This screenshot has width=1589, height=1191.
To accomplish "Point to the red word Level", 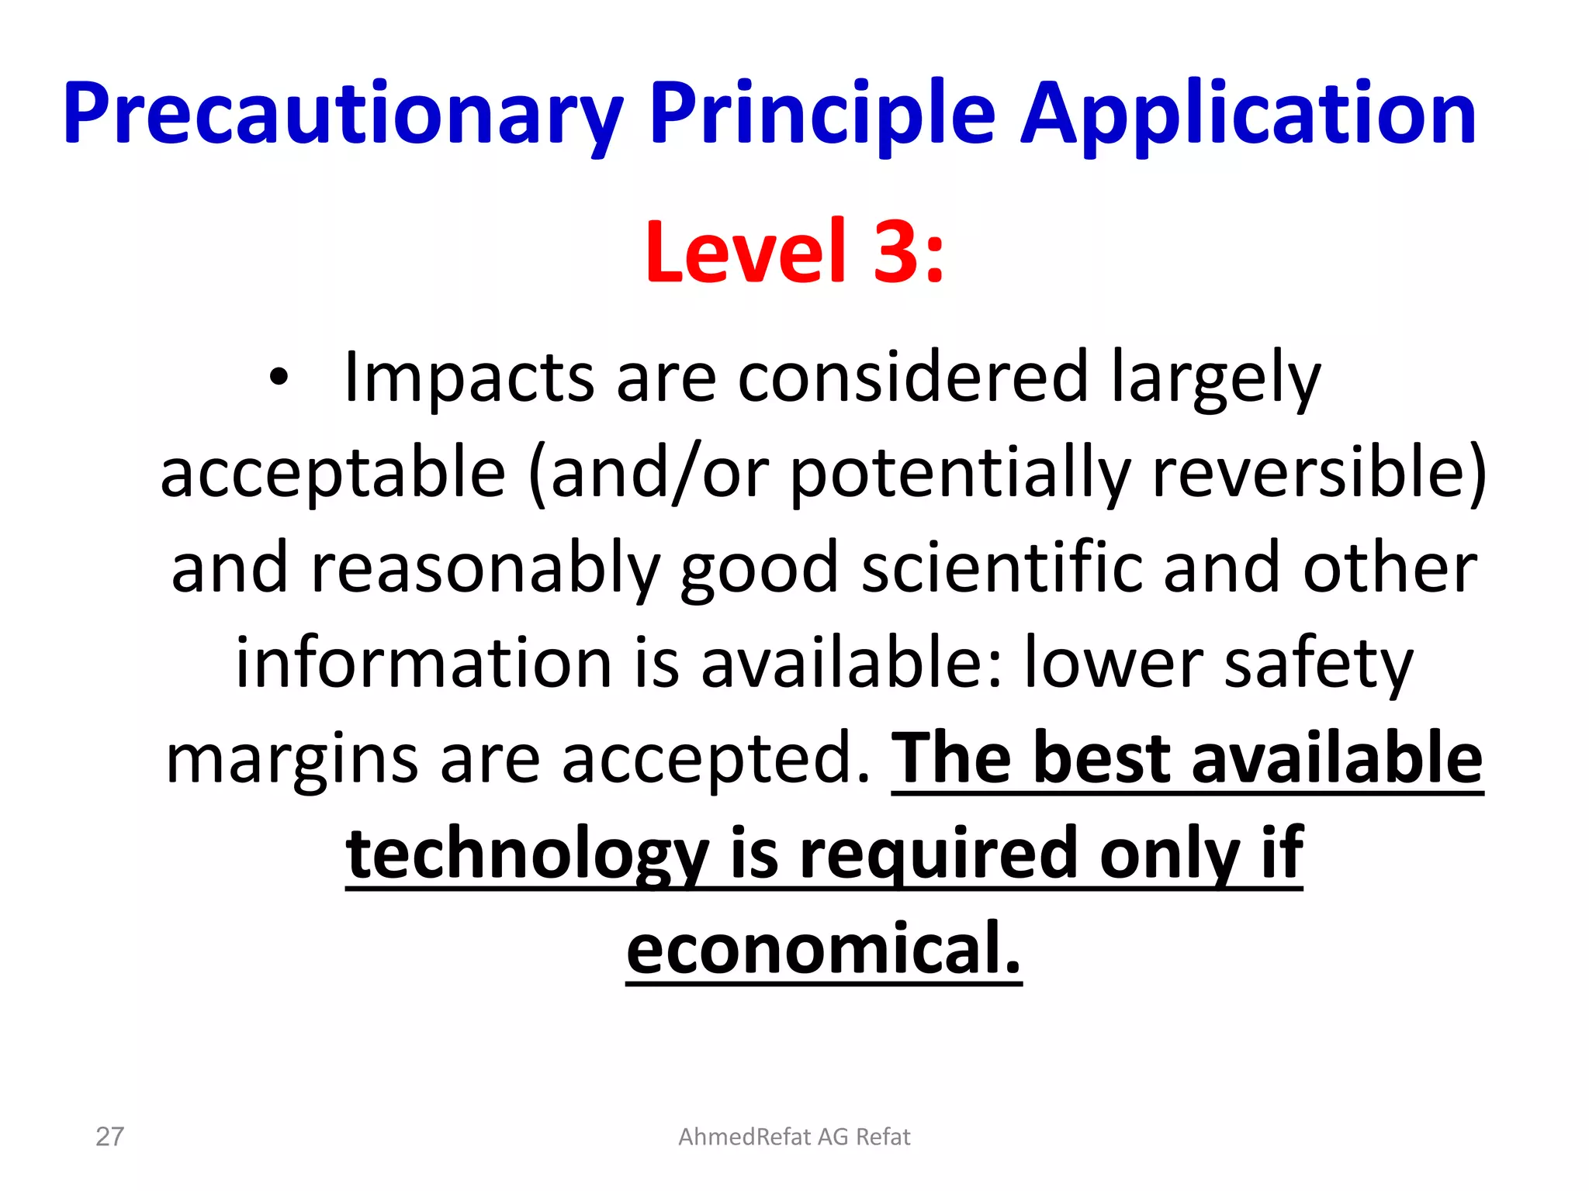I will [x=745, y=252].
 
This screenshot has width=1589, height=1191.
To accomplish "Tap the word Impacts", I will [x=469, y=378].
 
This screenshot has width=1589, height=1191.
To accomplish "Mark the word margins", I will [x=292, y=760].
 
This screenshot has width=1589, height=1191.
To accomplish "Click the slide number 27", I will [x=109, y=1137].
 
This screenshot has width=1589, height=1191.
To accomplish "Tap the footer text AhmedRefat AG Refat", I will [x=794, y=1137].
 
